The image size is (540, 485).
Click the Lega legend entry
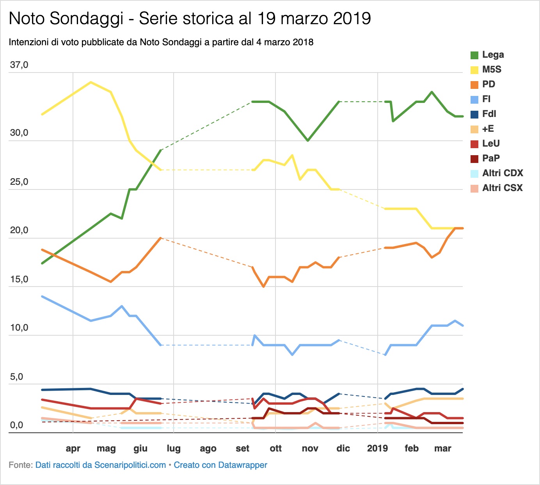tap(493, 55)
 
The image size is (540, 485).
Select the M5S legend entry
tap(492, 70)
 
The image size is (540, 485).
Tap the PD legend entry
tap(488, 85)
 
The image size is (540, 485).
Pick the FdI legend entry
tap(489, 114)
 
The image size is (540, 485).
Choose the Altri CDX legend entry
tap(502, 173)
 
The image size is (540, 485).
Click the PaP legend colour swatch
tap(474, 159)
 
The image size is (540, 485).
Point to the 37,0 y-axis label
tap(19, 65)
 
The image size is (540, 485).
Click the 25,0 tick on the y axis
tap(19, 182)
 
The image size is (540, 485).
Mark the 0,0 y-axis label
tap(16, 425)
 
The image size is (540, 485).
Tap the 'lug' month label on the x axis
tap(174, 448)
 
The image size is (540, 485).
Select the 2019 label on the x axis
tap(377, 448)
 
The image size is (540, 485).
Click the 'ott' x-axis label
tap(275, 448)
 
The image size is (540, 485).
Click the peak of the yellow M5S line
tap(91, 82)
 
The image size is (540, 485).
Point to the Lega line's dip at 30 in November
tap(308, 140)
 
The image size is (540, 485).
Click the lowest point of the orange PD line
tap(264, 287)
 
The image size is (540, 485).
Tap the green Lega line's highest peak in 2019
tap(432, 92)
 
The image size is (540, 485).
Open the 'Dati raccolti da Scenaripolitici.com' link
tap(101, 465)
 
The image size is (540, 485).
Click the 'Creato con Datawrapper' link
tap(220, 465)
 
